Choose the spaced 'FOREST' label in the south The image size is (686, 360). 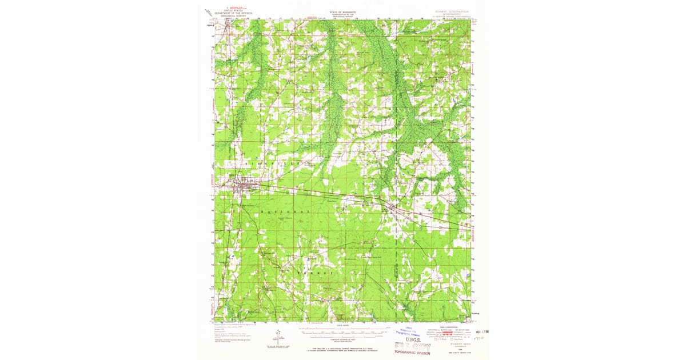click(x=313, y=273)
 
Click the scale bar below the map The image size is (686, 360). click(x=343, y=330)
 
